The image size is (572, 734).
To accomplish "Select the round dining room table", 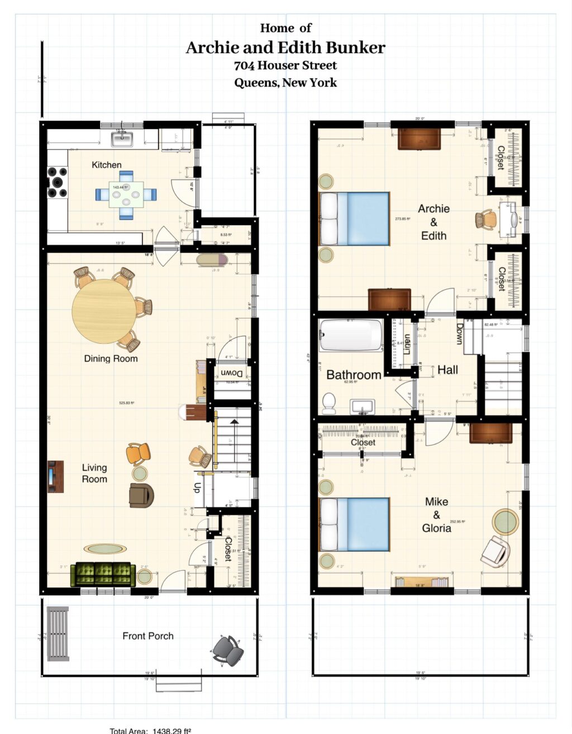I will pos(104,310).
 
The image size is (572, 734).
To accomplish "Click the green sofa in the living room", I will pos(103,574).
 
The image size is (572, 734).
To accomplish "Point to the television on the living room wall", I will pos(55,476).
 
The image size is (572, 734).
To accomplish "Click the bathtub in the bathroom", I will pos(351,335).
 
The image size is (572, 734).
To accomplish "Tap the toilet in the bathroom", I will pos(329,402).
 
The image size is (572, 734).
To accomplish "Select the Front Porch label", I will pos(148,636).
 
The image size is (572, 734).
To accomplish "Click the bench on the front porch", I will pos(58,633).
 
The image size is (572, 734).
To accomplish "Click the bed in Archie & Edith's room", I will pos(354,219).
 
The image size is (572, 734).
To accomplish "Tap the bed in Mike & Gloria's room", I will pos(354,524).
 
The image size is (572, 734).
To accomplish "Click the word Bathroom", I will pos(354,375).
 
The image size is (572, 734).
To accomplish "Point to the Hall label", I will pos(447,370).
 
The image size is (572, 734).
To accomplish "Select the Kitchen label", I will pos(107,165).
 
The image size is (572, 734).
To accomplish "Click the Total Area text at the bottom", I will pos(151,731).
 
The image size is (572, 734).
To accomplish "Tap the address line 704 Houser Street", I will pos(285,65).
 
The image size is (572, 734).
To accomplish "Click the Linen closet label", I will pos(407,344).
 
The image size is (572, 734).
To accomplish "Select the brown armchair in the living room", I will pos(141,495).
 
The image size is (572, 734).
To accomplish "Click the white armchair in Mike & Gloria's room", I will pos(495,551).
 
